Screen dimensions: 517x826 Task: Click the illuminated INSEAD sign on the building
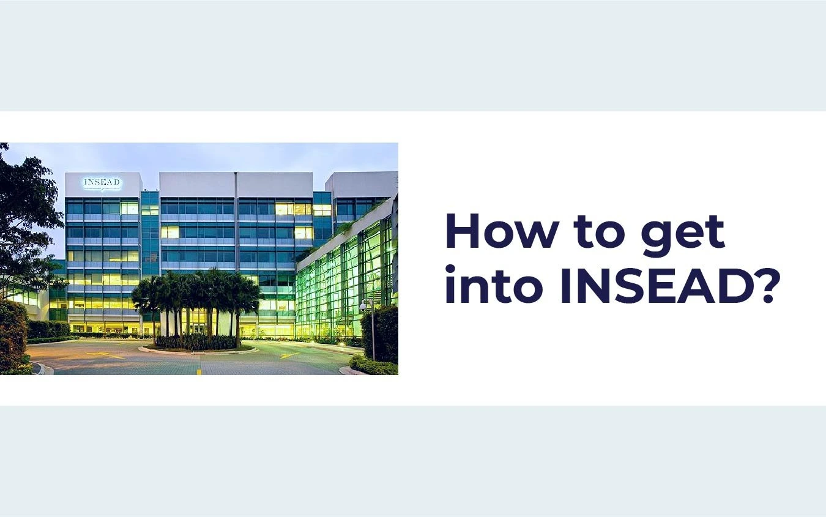coord(103,183)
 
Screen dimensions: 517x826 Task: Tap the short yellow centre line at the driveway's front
coord(199,371)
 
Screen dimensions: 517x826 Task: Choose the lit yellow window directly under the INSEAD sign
coord(129,209)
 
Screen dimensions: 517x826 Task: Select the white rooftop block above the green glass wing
coord(361,184)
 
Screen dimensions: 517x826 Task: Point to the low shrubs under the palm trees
coord(196,342)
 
